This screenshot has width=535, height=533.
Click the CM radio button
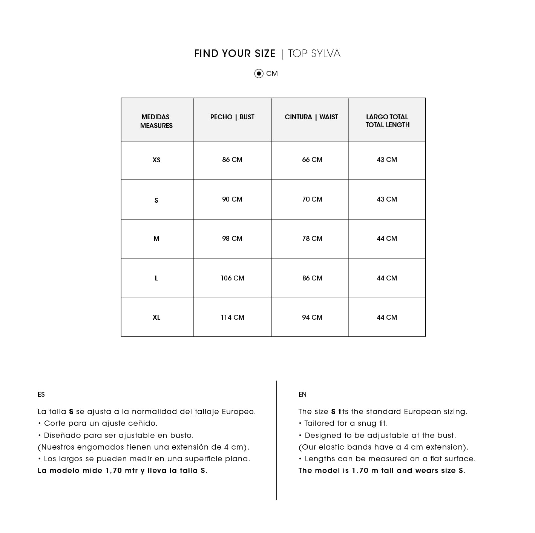pyautogui.click(x=259, y=74)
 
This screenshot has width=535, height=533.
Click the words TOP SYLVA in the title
pyautogui.click(x=314, y=54)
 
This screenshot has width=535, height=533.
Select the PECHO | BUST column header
pyautogui.click(x=232, y=117)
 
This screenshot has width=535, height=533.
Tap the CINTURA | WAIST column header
pyautogui.click(x=311, y=117)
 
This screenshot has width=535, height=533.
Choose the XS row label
pyautogui.click(x=156, y=160)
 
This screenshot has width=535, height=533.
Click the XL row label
pyautogui.click(x=156, y=317)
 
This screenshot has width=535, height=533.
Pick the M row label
pyautogui.click(x=156, y=239)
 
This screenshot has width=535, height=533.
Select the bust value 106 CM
pyautogui.click(x=232, y=278)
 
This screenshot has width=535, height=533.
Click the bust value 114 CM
pyautogui.click(x=232, y=317)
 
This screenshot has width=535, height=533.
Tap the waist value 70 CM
pyautogui.click(x=312, y=199)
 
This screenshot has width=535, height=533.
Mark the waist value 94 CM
pyautogui.click(x=312, y=317)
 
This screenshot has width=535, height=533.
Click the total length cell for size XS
pyautogui.click(x=387, y=160)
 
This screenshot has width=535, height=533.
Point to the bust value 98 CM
pyautogui.click(x=232, y=239)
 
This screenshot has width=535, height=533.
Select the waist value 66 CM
pyautogui.click(x=312, y=160)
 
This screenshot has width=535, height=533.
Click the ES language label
pyautogui.click(x=41, y=394)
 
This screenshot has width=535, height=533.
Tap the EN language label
pyautogui.click(x=302, y=394)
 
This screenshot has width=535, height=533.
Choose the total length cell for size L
pyautogui.click(x=387, y=278)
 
